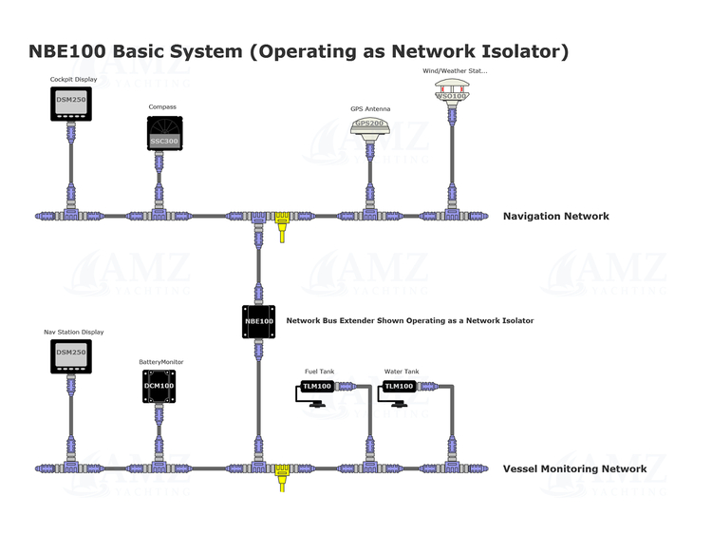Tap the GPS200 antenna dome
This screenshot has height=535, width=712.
pos(370,126)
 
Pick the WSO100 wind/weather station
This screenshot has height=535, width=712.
pos(452,92)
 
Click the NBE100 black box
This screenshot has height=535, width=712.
pos(257,321)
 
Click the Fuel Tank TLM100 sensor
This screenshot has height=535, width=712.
pos(316,387)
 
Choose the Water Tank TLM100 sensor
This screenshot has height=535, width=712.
pos(399,387)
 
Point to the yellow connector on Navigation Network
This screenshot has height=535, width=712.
pos(282,226)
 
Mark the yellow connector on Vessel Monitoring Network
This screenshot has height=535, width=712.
pos(281,476)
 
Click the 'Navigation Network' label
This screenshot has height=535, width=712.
pos(555,217)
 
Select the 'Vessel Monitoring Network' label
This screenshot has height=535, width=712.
pos(574,468)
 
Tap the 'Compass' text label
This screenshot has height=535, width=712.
pos(162,107)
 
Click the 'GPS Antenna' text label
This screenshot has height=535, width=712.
pos(370,109)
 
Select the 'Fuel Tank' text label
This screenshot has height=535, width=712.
pos(319,372)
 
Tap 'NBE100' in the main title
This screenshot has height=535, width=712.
pos(67,51)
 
